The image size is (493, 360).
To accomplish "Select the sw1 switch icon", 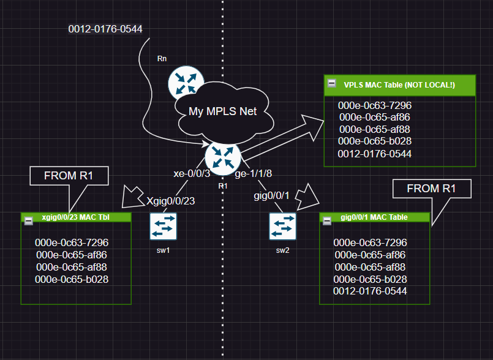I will (163, 227).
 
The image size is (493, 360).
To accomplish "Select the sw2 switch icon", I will (282, 227).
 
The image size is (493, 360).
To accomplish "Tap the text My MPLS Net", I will (222, 111).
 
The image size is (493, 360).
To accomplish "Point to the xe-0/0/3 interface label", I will (192, 173).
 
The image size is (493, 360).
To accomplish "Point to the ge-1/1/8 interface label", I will (254, 173).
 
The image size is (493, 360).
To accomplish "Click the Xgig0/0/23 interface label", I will (171, 200).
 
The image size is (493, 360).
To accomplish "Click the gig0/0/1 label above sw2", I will (272, 196).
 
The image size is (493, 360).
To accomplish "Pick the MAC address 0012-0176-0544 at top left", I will (106, 28).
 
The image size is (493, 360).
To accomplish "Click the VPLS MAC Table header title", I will (399, 84).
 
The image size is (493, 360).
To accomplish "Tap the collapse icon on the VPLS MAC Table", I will (331, 83).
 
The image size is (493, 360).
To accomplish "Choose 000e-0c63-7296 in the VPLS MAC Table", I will (374, 105).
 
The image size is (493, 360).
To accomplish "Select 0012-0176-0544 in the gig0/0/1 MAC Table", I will (370, 291).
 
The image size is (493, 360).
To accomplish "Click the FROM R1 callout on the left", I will (69, 176).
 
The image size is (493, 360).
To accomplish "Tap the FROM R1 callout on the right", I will (432, 189).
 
